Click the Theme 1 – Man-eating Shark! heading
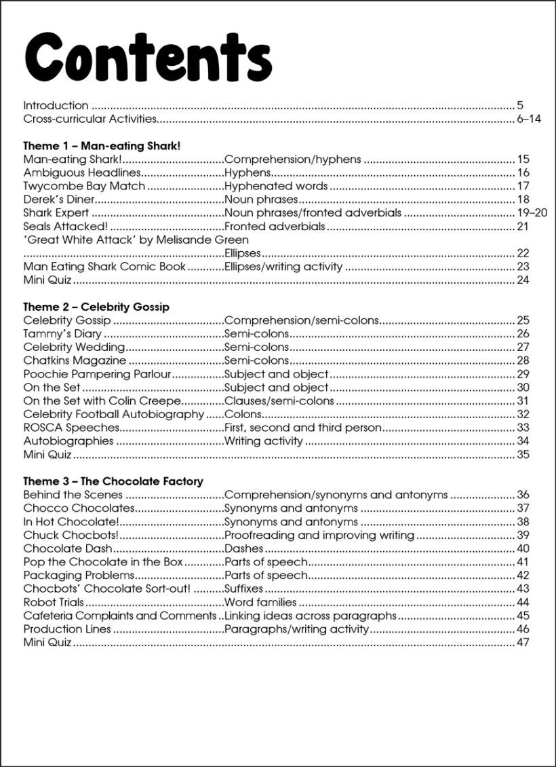point(102,146)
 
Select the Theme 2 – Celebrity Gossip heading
point(96,307)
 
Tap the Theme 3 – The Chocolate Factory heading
point(113,481)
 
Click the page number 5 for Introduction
point(520,105)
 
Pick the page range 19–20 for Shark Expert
point(532,213)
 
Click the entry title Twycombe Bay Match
point(84,186)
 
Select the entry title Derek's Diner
point(58,200)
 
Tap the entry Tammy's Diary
point(62,334)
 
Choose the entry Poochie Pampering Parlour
point(97,374)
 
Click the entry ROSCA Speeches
point(71,428)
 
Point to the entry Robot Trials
point(54,602)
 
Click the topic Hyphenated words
point(276,186)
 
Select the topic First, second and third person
point(302,428)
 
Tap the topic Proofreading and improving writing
point(319,535)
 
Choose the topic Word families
point(260,602)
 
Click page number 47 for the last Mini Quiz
point(522,642)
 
